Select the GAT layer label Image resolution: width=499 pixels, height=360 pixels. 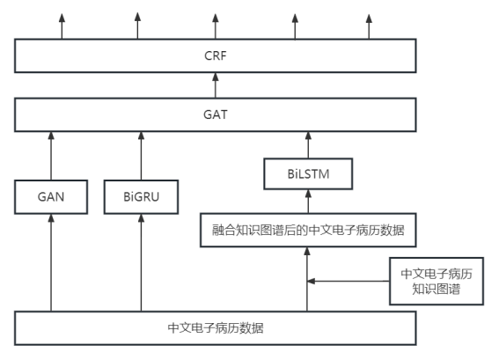[216, 114]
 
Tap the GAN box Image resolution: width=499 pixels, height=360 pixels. [51, 197]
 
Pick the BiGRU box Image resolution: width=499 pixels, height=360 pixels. [141, 197]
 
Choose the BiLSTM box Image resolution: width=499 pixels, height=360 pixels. [308, 175]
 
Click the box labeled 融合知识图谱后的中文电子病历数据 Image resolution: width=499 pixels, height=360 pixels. [308, 231]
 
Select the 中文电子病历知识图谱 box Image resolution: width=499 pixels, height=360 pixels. [437, 281]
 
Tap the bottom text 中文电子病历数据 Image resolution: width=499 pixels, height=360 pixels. [216, 327]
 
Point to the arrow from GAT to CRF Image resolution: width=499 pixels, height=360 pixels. [216, 87]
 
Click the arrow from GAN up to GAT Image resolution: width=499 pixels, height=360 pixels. [51, 154]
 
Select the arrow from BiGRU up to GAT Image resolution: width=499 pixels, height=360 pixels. [141, 154]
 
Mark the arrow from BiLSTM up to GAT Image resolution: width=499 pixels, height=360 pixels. [308, 143]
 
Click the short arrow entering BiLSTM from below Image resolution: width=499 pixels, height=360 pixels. [308, 202]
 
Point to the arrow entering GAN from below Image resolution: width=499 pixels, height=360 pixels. [51, 264]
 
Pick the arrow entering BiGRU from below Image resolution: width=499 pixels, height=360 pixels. [141, 264]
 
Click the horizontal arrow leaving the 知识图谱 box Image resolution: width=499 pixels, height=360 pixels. [348, 282]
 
